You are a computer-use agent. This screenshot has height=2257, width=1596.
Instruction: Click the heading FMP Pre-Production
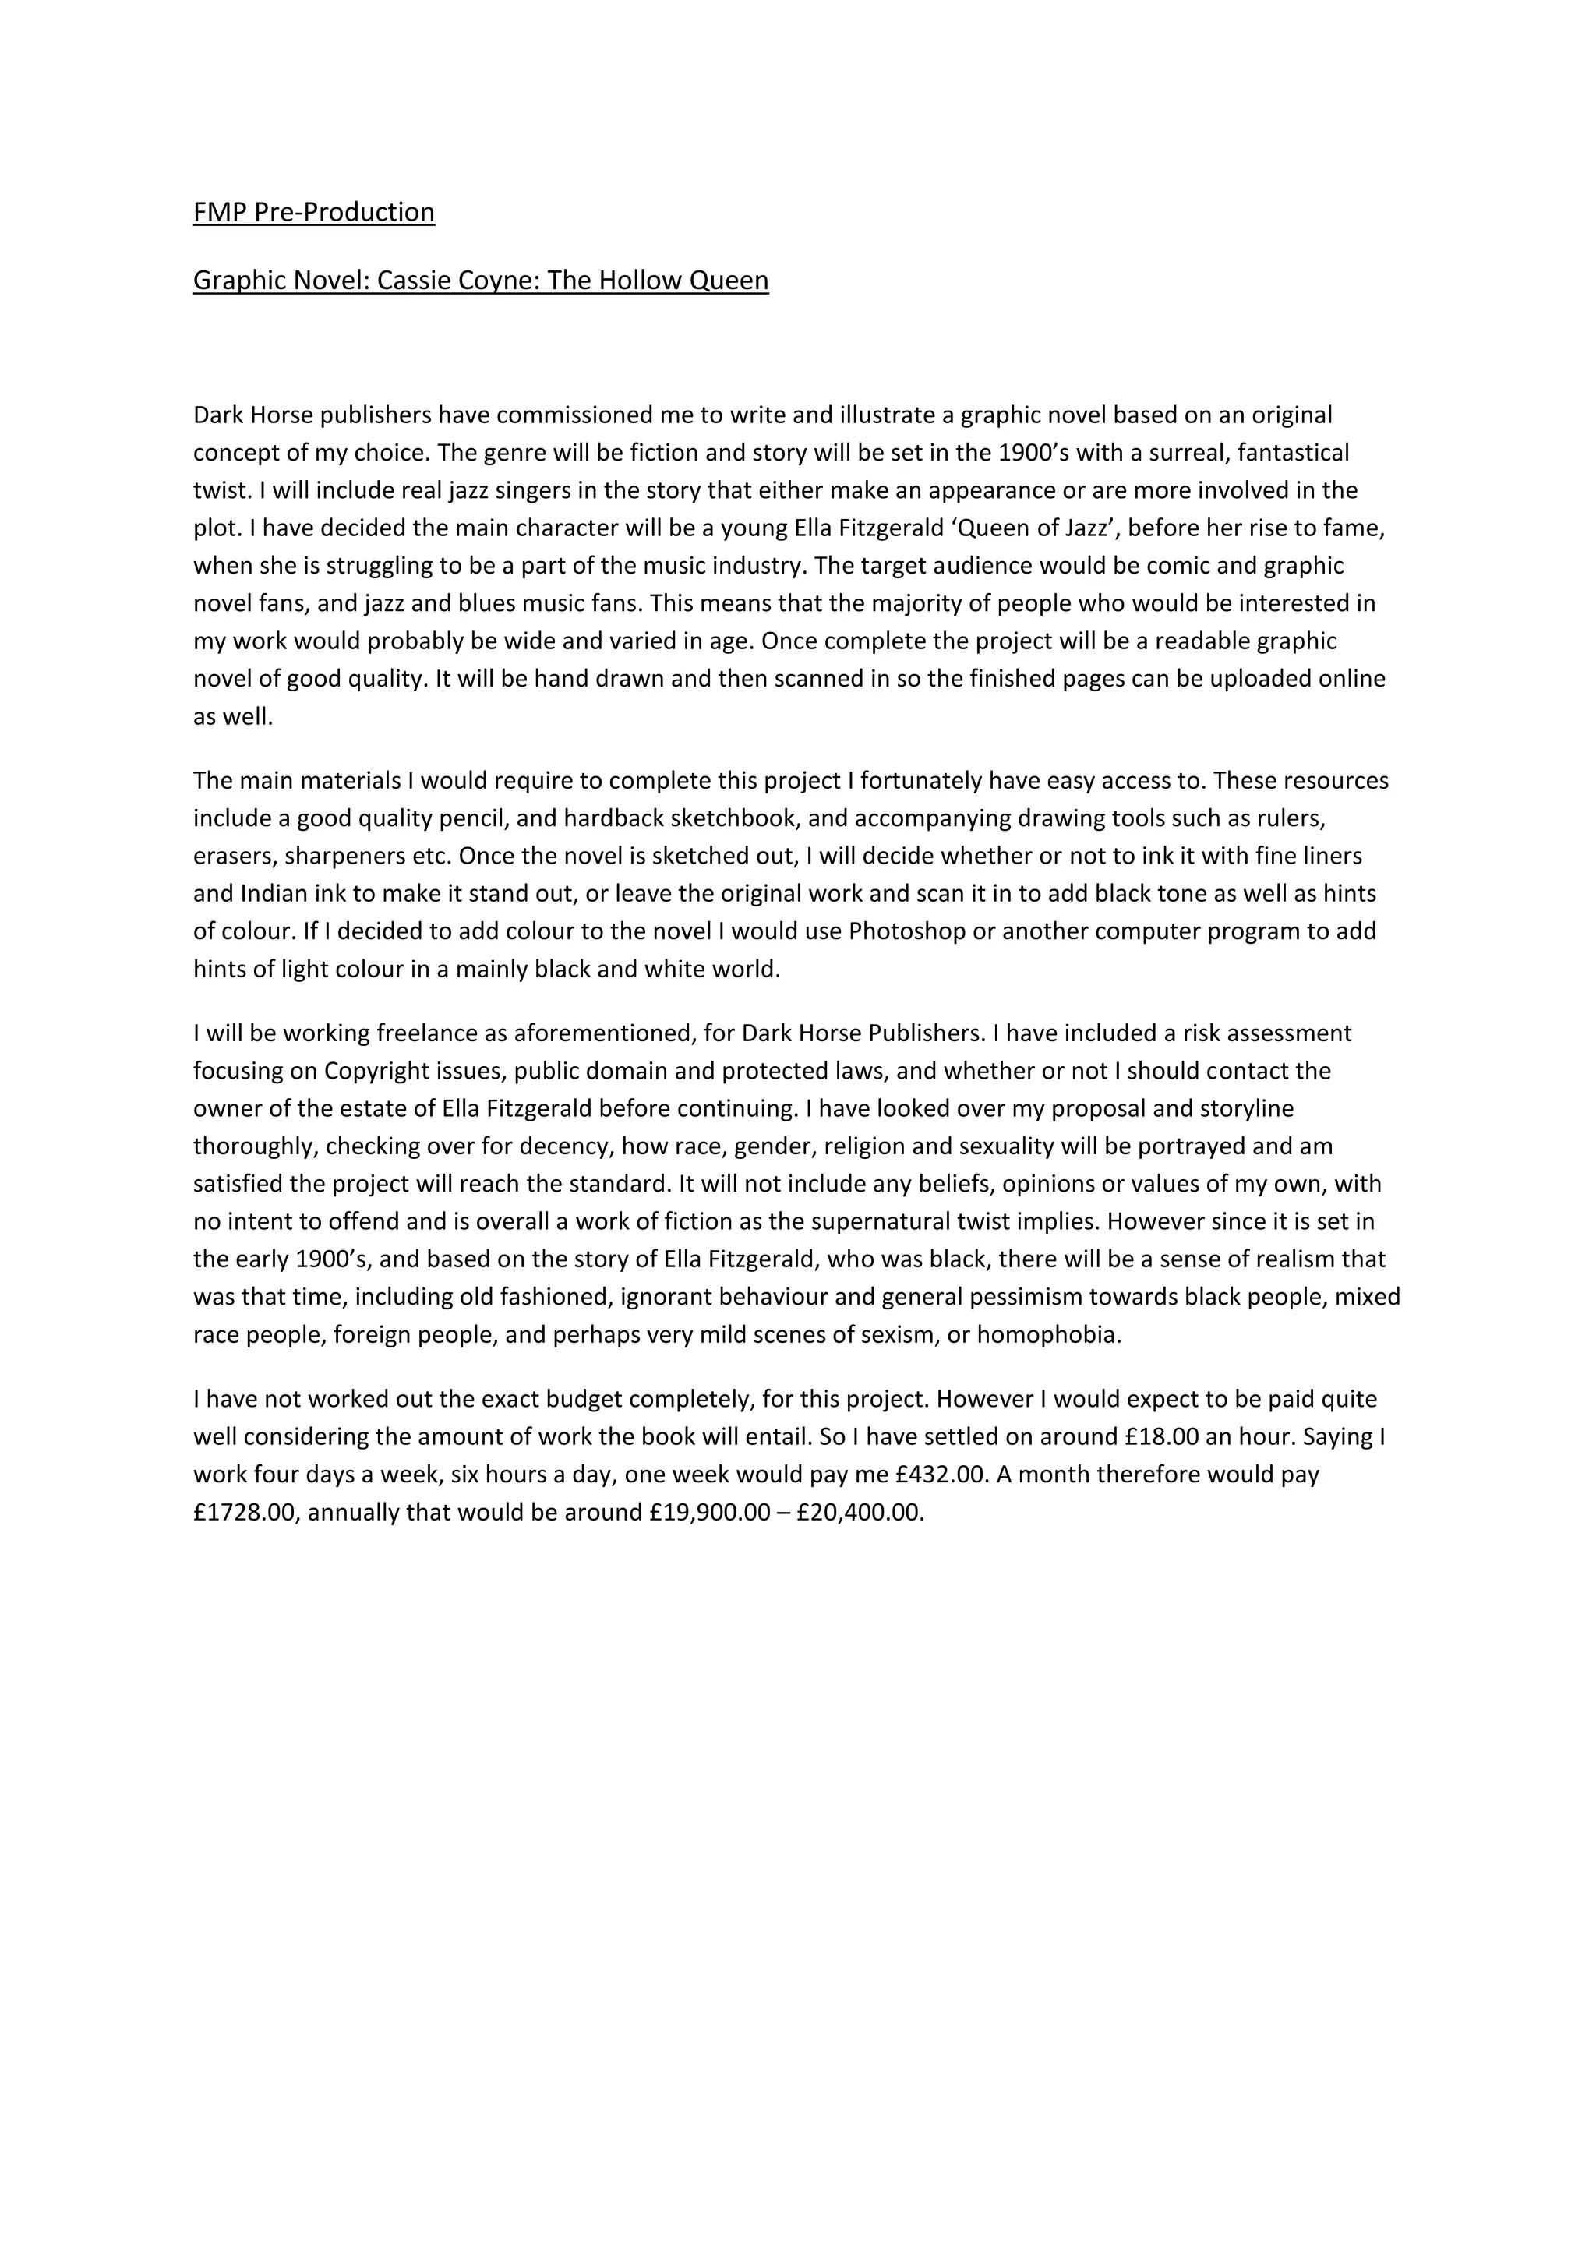(313, 212)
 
